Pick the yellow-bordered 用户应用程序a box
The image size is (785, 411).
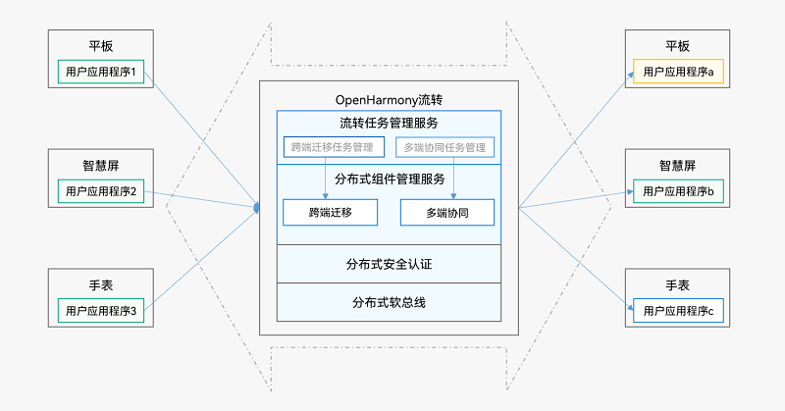click(678, 72)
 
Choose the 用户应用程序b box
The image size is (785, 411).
click(678, 190)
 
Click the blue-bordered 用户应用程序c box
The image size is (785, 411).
click(678, 312)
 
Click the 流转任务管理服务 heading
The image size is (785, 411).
click(389, 124)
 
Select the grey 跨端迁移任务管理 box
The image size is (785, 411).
click(333, 148)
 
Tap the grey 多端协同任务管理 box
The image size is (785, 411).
click(445, 148)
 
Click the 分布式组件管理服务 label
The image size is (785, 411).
click(389, 180)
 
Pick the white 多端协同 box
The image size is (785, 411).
click(446, 212)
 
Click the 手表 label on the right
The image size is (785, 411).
click(678, 285)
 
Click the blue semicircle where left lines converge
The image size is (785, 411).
click(257, 207)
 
